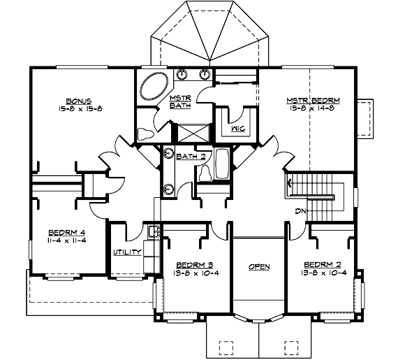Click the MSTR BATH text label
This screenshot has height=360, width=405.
click(182, 102)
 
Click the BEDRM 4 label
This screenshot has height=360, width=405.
click(67, 233)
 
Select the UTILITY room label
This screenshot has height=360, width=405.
click(128, 252)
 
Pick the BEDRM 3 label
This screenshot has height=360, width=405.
click(194, 265)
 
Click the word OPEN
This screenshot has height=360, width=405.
click(258, 267)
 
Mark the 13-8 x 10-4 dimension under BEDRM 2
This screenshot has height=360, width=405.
click(323, 273)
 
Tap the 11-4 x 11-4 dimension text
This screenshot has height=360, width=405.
click(67, 242)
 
